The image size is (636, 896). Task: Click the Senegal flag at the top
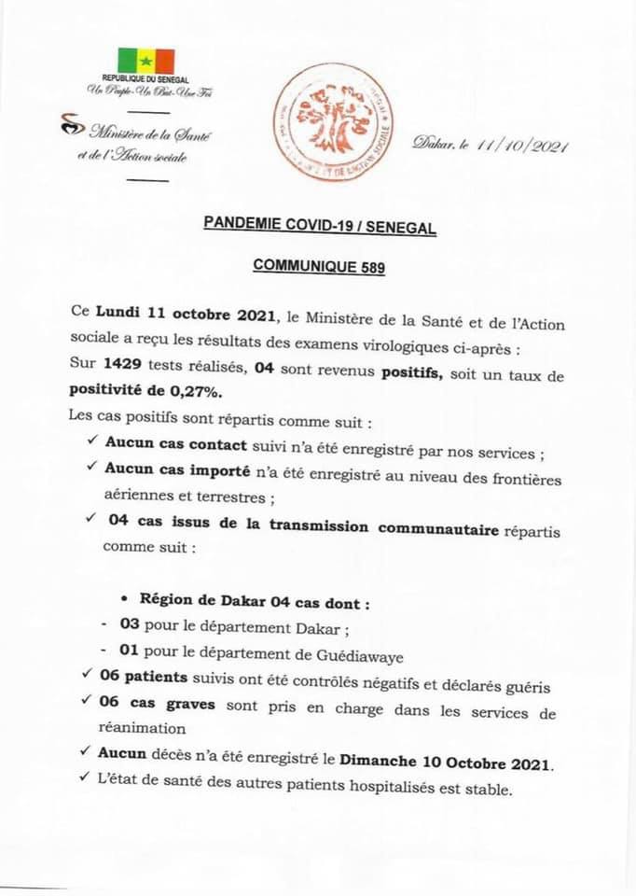(145, 61)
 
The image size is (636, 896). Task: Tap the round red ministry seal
(332, 123)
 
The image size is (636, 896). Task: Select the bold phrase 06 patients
(145, 686)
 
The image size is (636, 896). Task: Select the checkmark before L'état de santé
(90, 787)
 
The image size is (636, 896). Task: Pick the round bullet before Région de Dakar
(123, 600)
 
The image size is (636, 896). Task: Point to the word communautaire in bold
(438, 527)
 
